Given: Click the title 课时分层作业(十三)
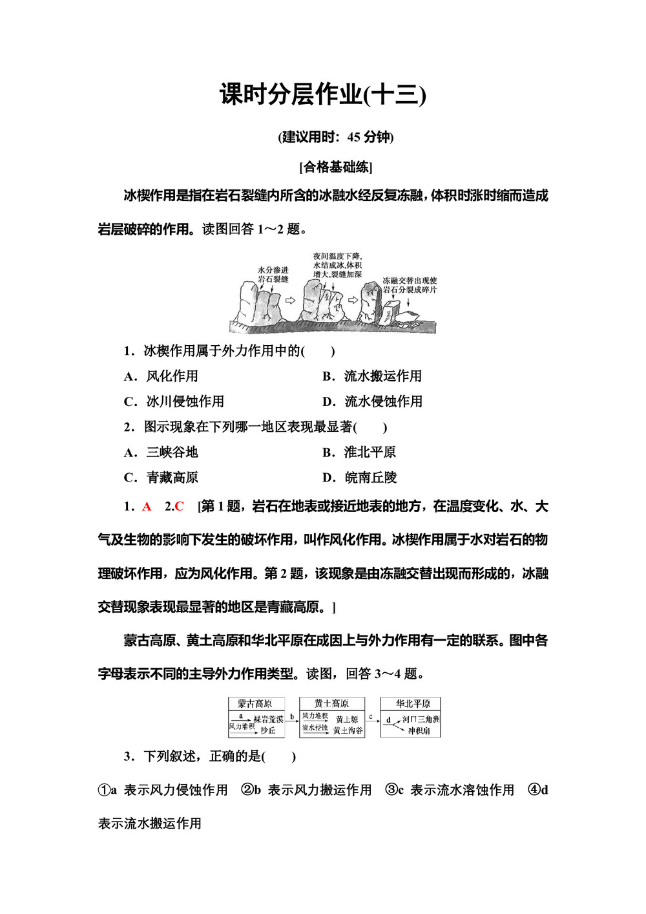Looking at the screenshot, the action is (322, 95).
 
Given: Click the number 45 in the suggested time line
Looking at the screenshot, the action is (353, 137).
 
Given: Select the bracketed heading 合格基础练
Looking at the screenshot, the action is (336, 167).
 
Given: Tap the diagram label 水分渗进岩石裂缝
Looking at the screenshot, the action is (273, 274).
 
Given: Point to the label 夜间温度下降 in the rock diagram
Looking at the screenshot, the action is (337, 257).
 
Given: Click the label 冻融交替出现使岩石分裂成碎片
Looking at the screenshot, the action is (410, 285).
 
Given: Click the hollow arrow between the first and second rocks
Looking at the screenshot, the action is (290, 301).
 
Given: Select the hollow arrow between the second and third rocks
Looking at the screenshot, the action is (353, 301).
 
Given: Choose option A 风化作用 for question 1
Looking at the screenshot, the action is (161, 376).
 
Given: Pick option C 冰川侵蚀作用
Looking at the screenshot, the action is (174, 401).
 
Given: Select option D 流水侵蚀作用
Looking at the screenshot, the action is (373, 401).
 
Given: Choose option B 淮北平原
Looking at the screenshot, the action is (359, 452).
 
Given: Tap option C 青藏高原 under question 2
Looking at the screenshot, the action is (161, 478).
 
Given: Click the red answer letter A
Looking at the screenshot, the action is (147, 507).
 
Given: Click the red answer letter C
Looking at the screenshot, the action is (180, 507).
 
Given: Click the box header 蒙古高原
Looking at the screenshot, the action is (255, 704).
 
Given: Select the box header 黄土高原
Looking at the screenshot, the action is (331, 704).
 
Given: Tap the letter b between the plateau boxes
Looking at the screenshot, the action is (292, 716).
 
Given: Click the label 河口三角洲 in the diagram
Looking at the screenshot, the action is (421, 719).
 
